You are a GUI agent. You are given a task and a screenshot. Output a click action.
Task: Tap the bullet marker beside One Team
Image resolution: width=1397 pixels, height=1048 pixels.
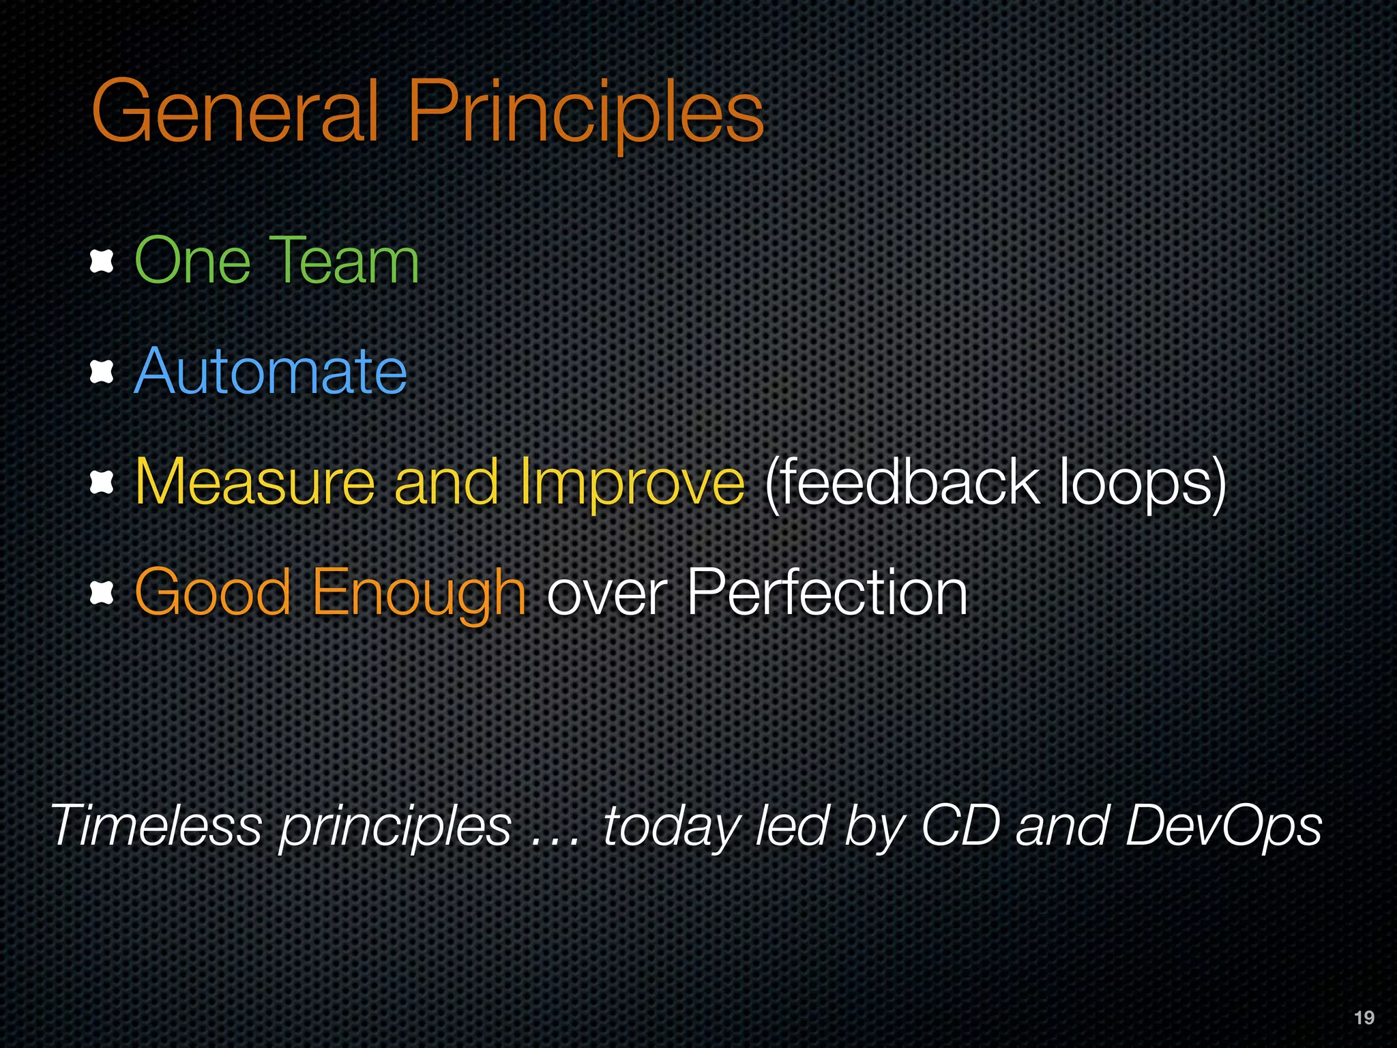point(102,261)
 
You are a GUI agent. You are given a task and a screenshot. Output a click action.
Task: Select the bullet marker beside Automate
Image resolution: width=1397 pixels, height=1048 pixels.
point(102,372)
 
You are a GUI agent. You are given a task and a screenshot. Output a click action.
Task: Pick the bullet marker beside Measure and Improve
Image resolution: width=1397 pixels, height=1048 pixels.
point(102,482)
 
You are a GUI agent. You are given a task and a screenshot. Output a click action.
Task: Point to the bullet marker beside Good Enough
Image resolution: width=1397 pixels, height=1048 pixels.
point(102,593)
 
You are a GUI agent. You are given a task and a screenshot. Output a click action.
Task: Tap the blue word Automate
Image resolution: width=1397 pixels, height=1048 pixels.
point(271,372)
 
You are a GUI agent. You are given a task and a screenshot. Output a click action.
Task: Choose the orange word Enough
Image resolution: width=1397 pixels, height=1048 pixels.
point(418,593)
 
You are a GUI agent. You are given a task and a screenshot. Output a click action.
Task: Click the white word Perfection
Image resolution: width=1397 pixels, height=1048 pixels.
point(827,593)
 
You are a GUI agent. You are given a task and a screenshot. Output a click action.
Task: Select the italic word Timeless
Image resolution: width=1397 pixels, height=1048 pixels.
point(156,826)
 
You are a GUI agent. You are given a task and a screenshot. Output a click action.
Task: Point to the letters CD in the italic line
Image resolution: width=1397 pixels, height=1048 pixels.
point(960,826)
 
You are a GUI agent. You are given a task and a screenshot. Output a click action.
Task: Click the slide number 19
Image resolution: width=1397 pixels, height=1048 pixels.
point(1364,1018)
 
